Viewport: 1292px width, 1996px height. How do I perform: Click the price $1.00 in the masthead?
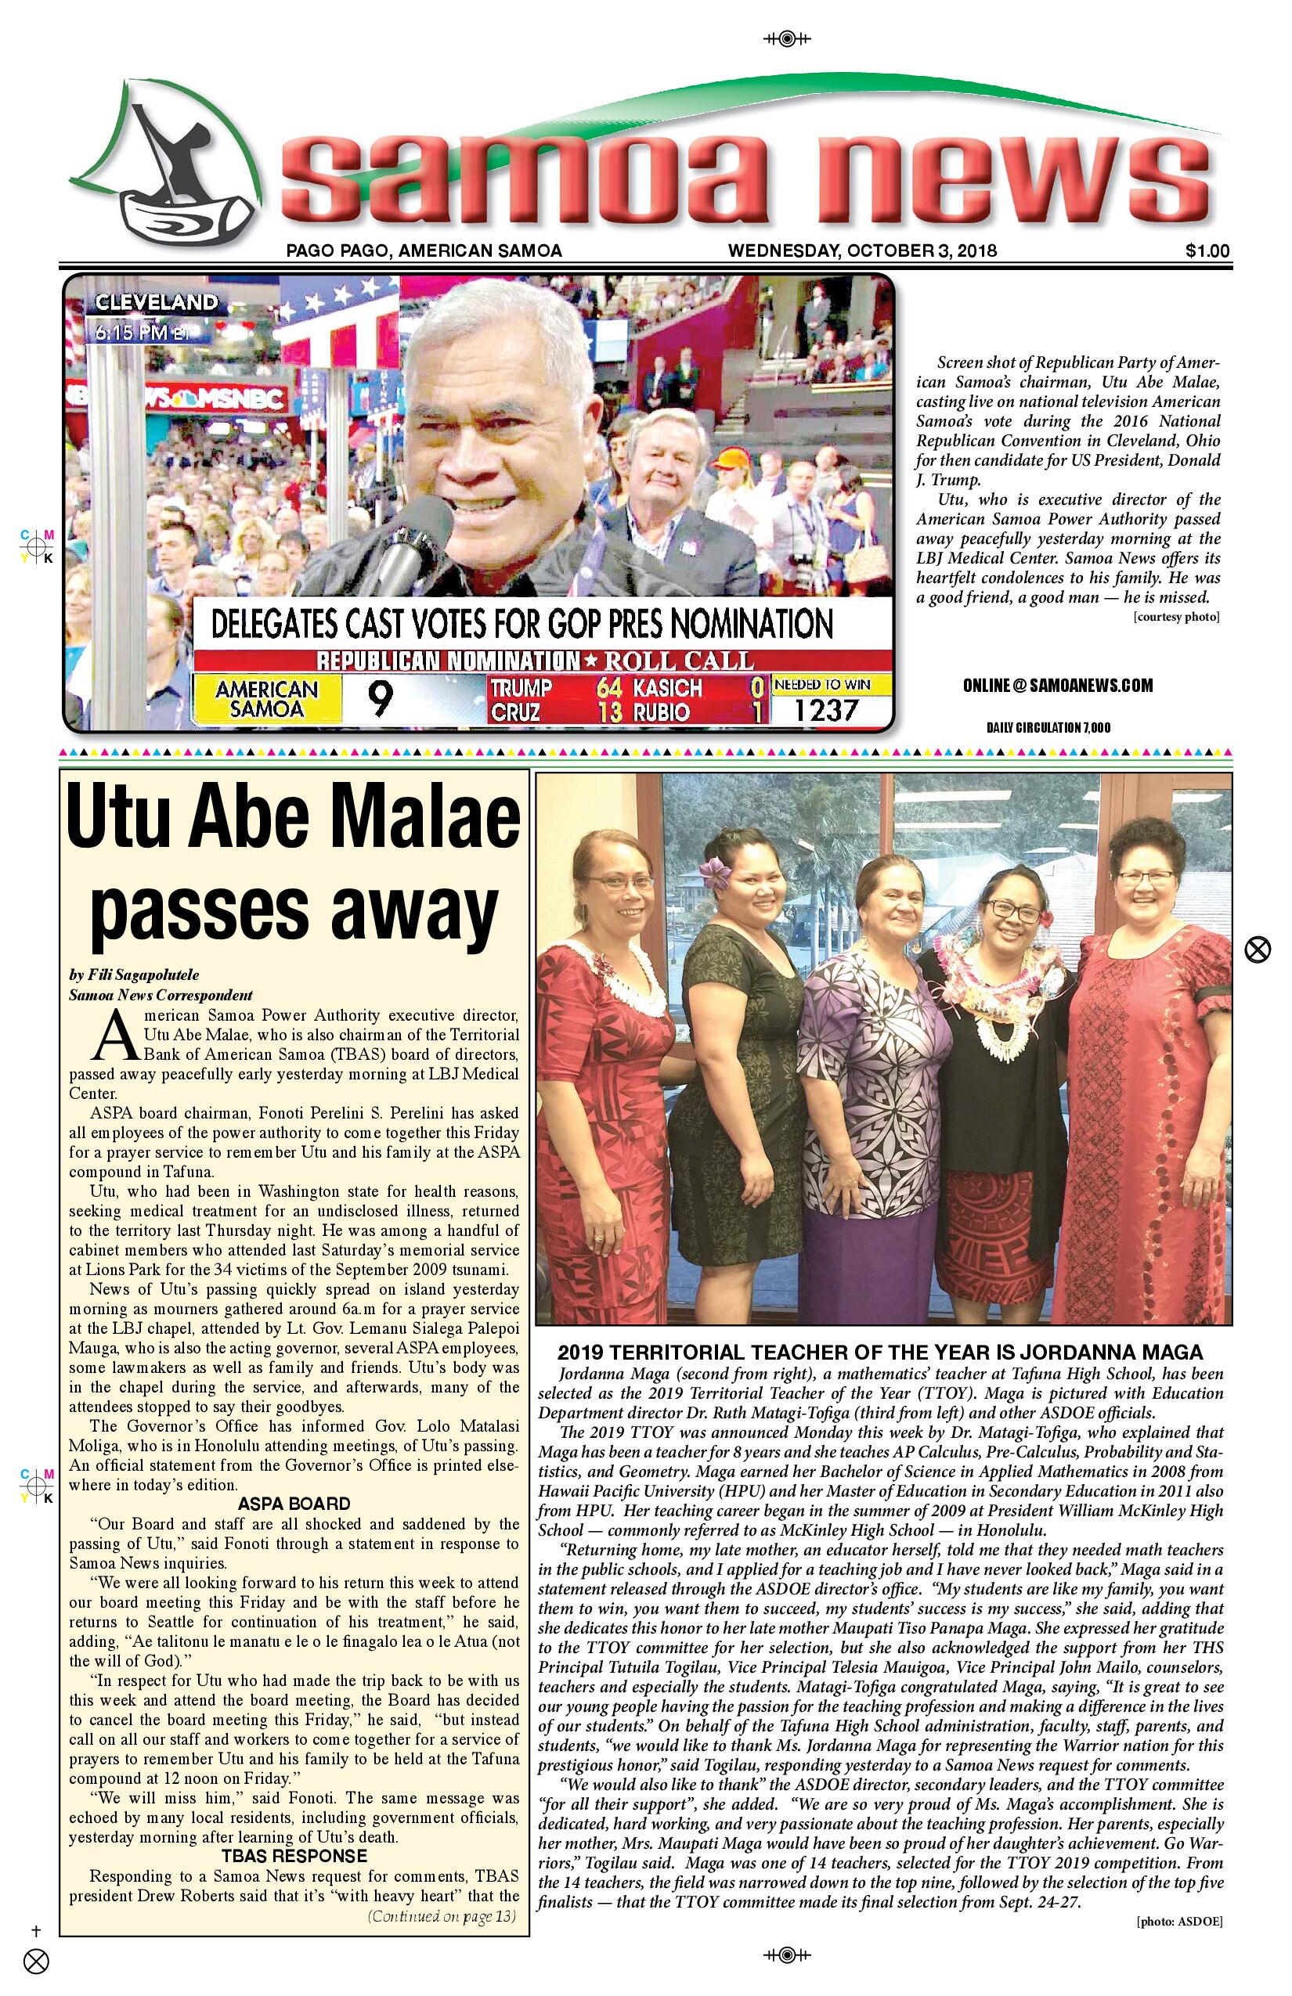[x=1207, y=250]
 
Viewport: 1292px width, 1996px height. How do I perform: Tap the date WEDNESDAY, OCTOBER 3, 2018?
[x=861, y=250]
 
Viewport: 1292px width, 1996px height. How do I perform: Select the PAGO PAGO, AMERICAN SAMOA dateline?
[x=424, y=250]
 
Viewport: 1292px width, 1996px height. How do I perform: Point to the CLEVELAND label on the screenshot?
[x=156, y=303]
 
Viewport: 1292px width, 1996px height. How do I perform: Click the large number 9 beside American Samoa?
[x=380, y=698]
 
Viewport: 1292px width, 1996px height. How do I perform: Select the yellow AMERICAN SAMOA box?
[x=267, y=698]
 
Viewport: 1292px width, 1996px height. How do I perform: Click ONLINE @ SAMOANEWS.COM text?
[x=1057, y=686]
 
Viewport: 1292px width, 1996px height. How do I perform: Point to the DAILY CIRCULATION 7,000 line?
[x=1048, y=727]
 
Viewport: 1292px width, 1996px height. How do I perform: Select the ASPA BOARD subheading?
[x=294, y=1504]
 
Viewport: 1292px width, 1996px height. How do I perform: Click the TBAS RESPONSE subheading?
[x=294, y=1856]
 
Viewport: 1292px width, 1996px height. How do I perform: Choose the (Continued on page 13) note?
[x=442, y=1915]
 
